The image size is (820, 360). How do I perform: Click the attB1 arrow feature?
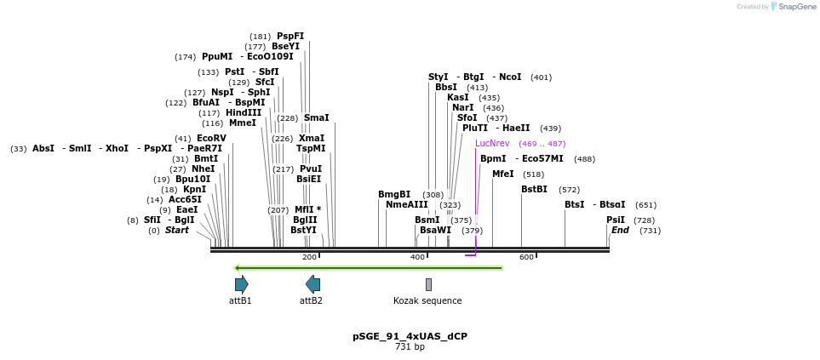click(x=241, y=284)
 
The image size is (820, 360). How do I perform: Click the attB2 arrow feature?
click(x=313, y=284)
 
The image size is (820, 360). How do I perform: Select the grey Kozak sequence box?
click(x=428, y=284)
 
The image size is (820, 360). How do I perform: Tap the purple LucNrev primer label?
click(x=492, y=143)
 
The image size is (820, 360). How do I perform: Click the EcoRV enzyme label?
click(x=211, y=138)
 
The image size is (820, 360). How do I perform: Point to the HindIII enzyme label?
click(x=243, y=112)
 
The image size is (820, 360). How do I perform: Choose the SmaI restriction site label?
click(x=316, y=117)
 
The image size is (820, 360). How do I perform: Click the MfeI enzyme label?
click(x=503, y=174)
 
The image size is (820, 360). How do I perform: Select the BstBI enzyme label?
click(x=534, y=189)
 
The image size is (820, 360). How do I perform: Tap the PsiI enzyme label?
click(x=615, y=220)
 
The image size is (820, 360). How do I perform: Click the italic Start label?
click(x=177, y=230)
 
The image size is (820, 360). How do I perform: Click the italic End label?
click(x=620, y=230)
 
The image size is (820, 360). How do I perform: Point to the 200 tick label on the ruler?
click(x=309, y=256)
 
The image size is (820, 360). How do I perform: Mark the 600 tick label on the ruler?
click(x=526, y=256)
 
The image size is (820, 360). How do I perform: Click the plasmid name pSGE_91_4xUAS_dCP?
click(x=410, y=336)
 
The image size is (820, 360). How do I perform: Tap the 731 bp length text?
click(x=410, y=346)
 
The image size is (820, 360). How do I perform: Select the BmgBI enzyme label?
click(x=394, y=194)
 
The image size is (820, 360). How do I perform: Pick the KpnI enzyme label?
click(x=194, y=189)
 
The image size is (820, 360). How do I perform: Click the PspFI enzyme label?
click(x=290, y=36)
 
